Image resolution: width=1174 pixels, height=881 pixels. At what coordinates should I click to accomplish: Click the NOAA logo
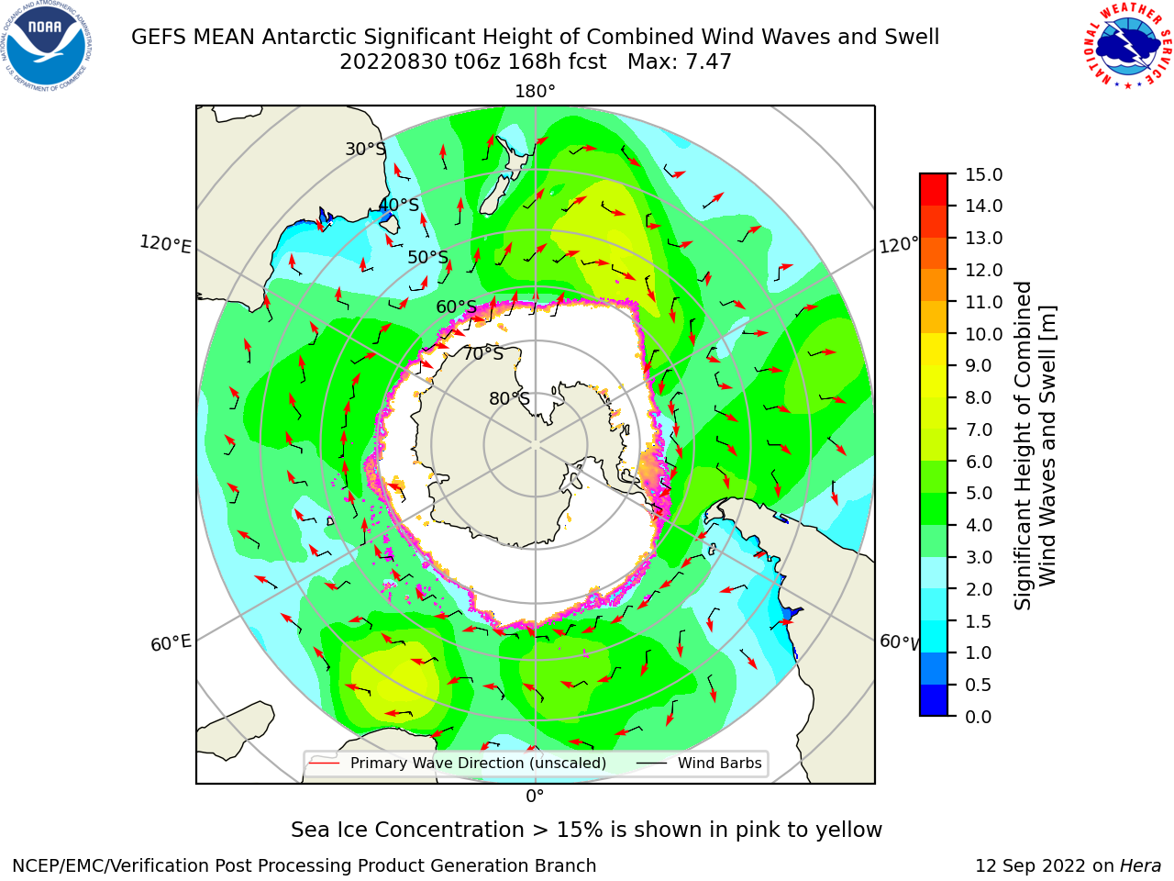pyautogui.click(x=47, y=47)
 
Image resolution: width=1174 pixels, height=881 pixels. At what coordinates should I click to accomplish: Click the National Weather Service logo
pyautogui.click(x=1128, y=46)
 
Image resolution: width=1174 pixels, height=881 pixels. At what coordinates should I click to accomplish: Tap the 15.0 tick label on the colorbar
pyautogui.click(x=983, y=174)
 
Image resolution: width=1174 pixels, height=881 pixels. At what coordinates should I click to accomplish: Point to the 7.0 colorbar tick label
pyautogui.click(x=979, y=429)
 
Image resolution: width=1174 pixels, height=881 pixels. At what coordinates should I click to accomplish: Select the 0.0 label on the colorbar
pyautogui.click(x=979, y=717)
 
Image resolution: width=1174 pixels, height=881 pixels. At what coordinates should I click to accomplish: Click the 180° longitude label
pyautogui.click(x=535, y=92)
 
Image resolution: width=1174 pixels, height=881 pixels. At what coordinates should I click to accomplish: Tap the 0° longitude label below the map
pyautogui.click(x=535, y=797)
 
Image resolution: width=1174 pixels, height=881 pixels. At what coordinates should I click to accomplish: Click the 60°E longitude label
pyautogui.click(x=171, y=642)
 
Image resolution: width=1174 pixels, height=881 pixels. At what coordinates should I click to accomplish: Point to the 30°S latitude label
pyautogui.click(x=365, y=149)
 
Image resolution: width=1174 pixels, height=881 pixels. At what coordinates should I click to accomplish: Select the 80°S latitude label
pyautogui.click(x=509, y=398)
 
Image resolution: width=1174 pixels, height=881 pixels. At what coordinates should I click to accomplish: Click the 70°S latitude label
pyautogui.click(x=483, y=353)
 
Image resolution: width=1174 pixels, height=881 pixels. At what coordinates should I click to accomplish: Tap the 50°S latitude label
pyautogui.click(x=428, y=257)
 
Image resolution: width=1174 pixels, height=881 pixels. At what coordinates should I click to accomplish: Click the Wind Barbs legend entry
pyautogui.click(x=699, y=764)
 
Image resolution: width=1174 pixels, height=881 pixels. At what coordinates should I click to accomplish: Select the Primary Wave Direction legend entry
pyautogui.click(x=458, y=764)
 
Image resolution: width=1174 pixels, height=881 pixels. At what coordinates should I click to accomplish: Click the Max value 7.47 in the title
pyautogui.click(x=680, y=61)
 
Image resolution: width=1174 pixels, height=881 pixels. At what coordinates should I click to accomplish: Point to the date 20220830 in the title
pyautogui.click(x=393, y=61)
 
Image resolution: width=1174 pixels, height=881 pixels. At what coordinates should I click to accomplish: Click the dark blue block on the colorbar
pyautogui.click(x=934, y=700)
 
